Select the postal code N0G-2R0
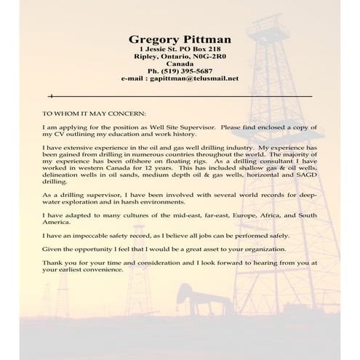pyautogui.click(x=207, y=55)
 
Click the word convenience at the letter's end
pyautogui.click(x=105, y=270)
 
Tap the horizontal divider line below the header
pyautogui.click(x=182, y=95)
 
